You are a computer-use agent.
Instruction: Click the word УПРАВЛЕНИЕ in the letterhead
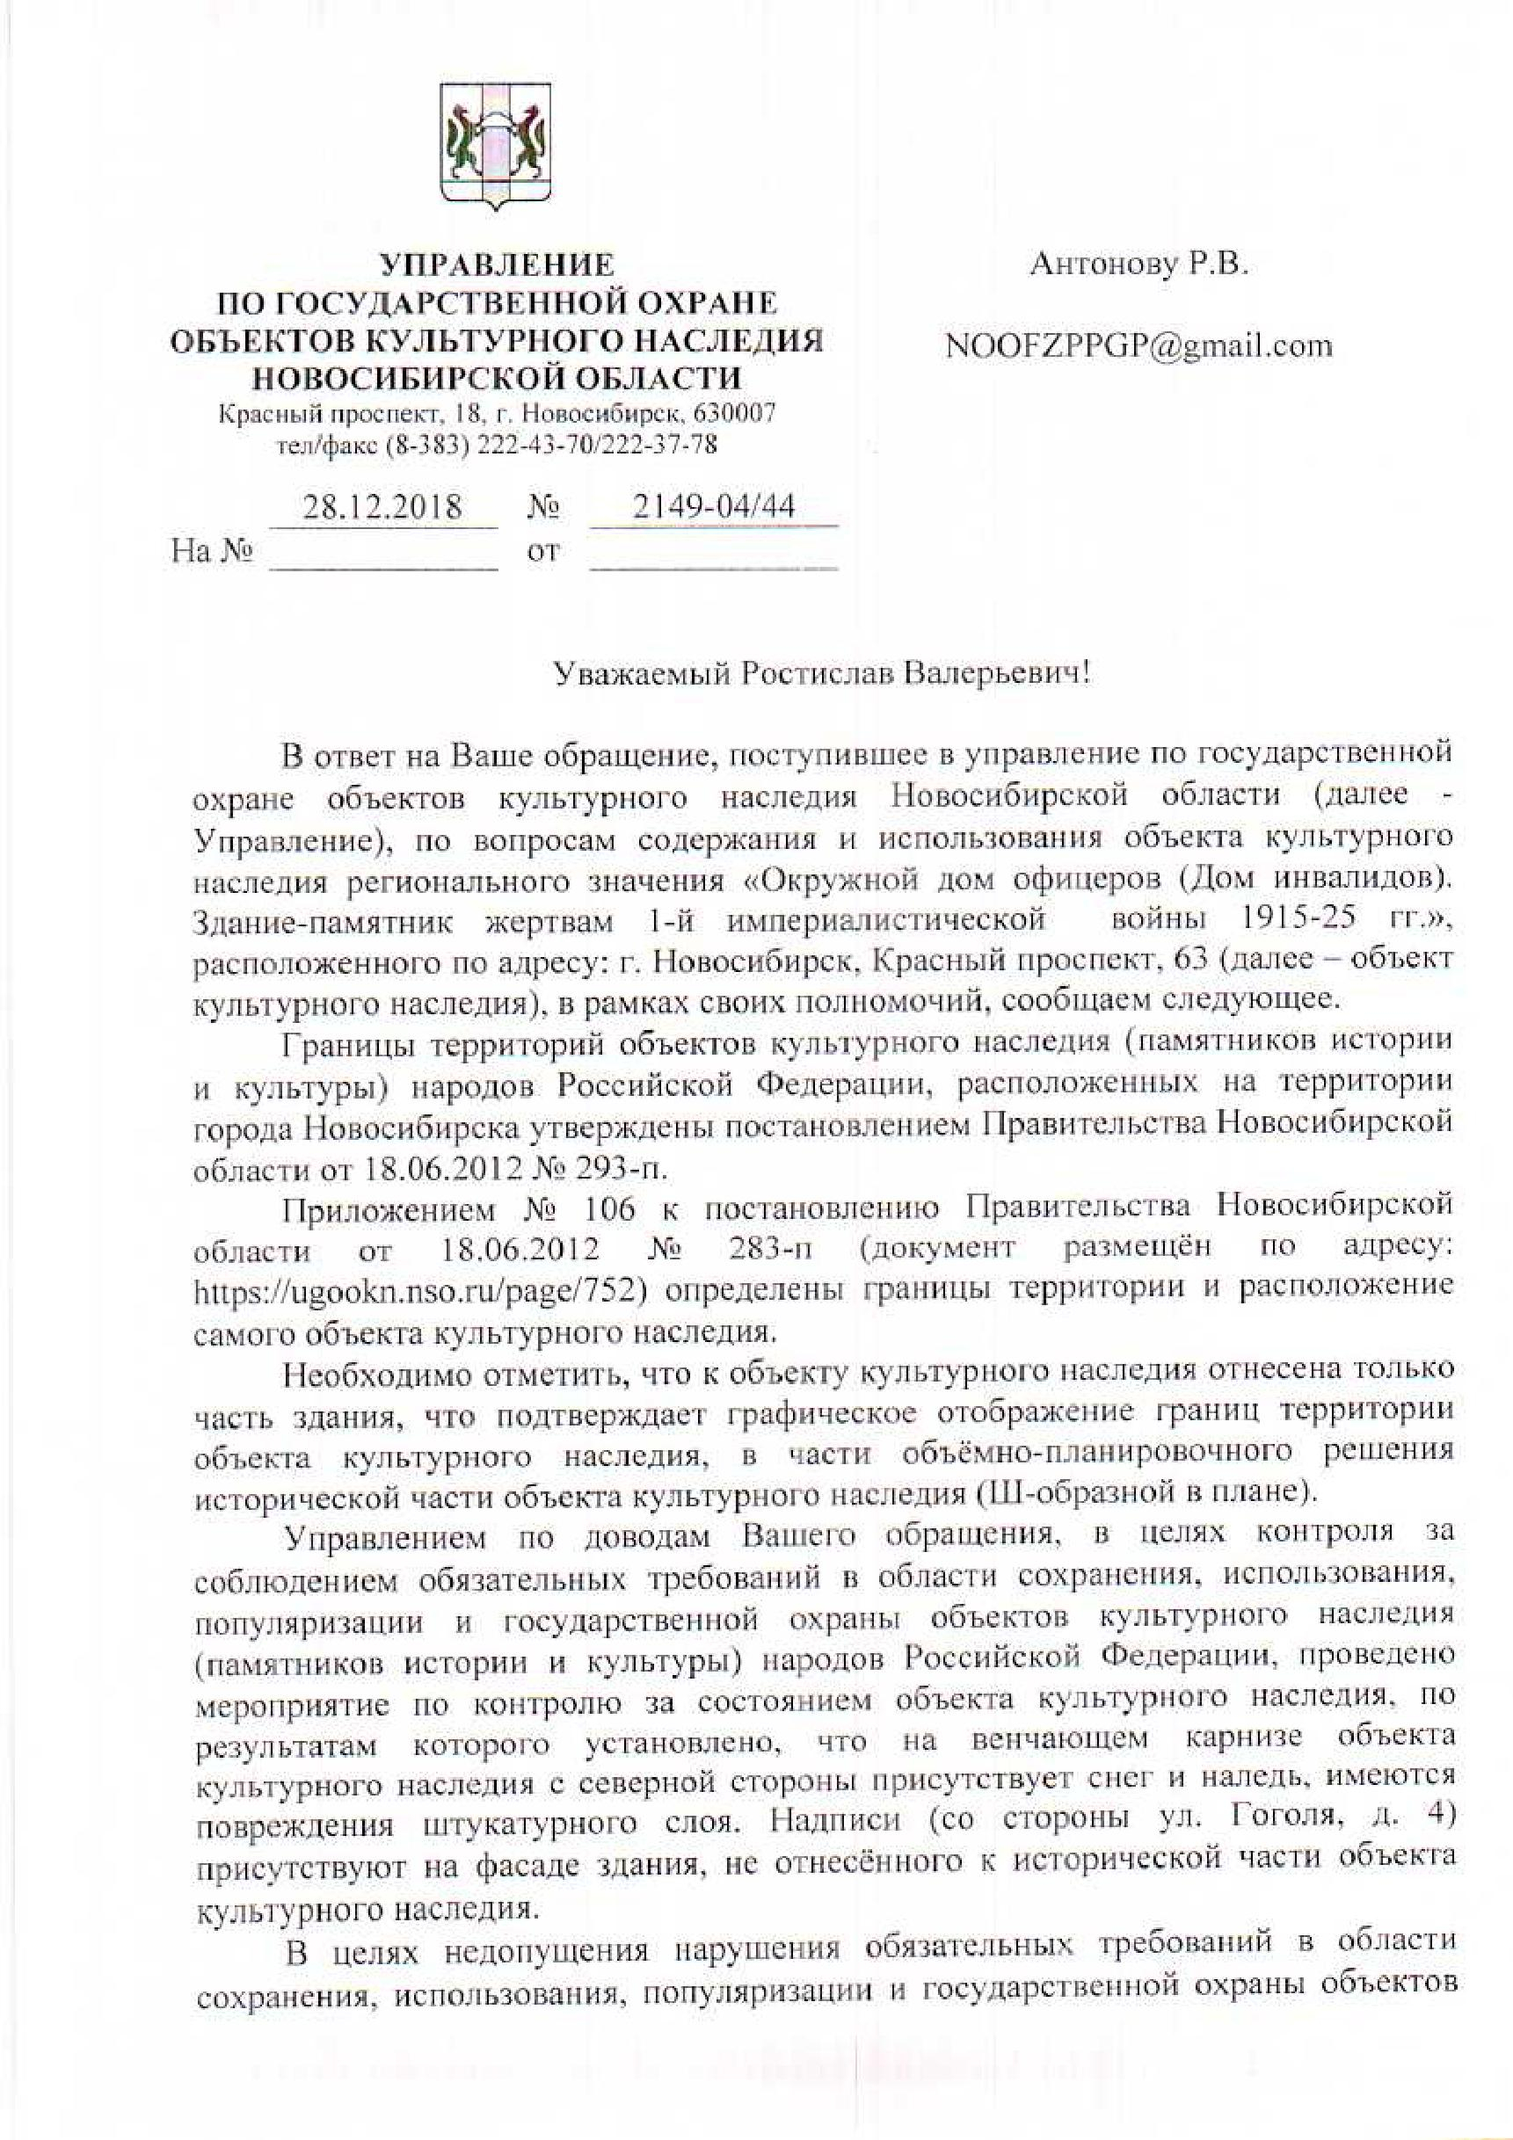(x=498, y=265)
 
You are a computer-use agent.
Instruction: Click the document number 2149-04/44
(x=714, y=506)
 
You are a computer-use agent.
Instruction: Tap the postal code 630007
(x=740, y=412)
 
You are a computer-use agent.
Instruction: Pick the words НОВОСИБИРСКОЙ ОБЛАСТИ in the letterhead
(x=498, y=378)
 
